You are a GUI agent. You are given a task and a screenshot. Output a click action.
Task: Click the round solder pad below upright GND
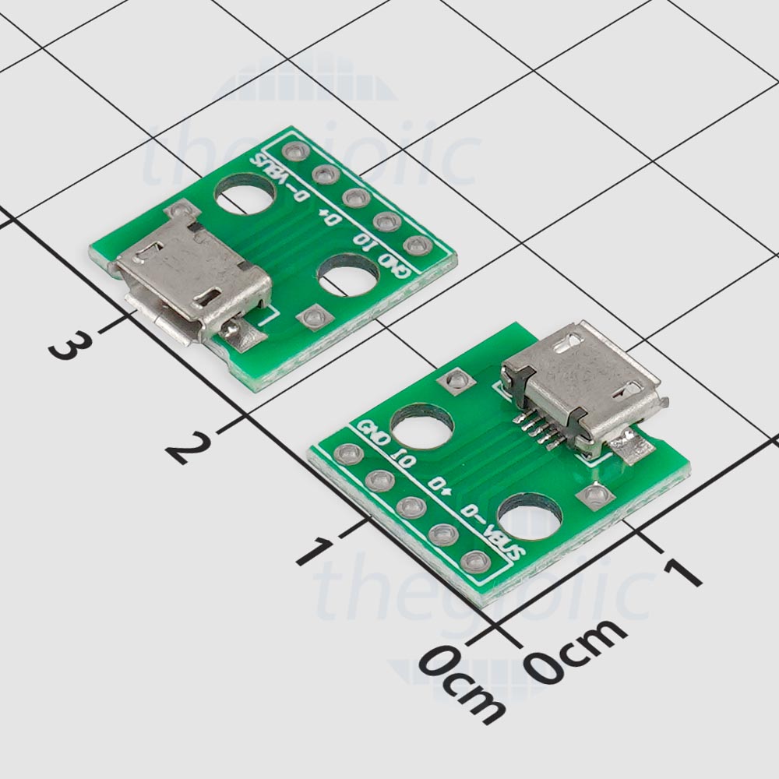coord(348,454)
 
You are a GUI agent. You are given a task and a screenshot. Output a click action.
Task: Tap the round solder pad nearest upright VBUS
coord(474,560)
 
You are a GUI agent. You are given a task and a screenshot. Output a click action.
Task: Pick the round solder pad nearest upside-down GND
coord(417,245)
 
